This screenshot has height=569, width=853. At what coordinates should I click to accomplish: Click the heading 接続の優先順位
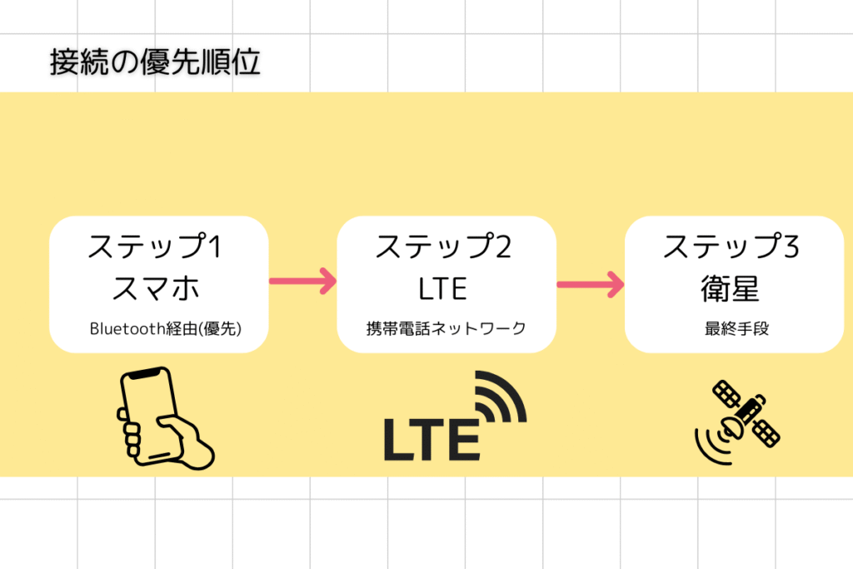(x=155, y=62)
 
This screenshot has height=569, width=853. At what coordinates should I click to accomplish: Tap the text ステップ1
(x=155, y=247)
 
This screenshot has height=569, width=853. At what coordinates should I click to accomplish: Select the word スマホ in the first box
(x=156, y=287)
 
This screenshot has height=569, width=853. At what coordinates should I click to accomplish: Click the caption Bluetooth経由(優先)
(x=166, y=328)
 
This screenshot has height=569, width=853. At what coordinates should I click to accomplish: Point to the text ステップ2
(x=443, y=247)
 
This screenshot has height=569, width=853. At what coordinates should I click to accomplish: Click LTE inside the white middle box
(x=443, y=288)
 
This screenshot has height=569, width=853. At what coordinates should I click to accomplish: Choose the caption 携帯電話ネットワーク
(x=446, y=328)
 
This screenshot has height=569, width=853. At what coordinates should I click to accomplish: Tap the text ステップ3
(x=731, y=247)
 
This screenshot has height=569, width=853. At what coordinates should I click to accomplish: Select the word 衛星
(x=730, y=288)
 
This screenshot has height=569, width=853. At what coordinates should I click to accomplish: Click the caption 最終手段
(x=736, y=328)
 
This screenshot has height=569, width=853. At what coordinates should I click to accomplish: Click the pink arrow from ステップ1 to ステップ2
(x=303, y=282)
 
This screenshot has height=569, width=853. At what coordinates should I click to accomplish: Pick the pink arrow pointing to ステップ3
(x=591, y=285)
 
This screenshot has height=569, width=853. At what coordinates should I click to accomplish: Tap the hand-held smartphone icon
(x=163, y=417)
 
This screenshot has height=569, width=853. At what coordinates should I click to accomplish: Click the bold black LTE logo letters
(x=432, y=440)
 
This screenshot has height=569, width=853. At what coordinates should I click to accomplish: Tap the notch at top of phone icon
(x=146, y=374)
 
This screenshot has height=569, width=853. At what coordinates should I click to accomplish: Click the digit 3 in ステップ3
(x=791, y=247)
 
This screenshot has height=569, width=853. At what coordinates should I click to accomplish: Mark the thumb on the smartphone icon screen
(x=175, y=425)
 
